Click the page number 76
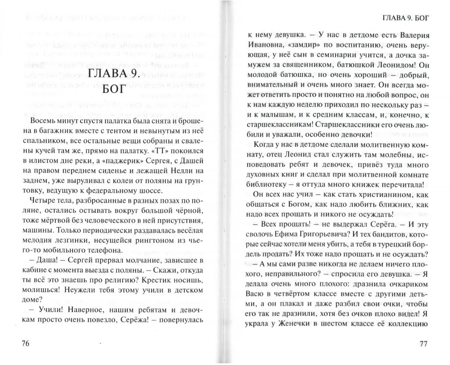[25, 344]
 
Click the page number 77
[423, 344]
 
